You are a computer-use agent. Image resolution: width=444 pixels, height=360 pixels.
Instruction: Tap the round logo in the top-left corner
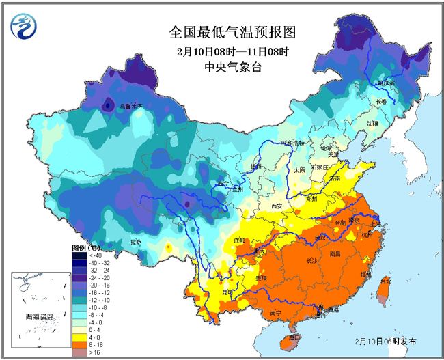(25, 25)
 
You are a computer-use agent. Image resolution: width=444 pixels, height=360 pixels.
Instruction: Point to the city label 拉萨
(135, 241)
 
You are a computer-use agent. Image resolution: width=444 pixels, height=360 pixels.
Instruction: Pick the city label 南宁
(277, 314)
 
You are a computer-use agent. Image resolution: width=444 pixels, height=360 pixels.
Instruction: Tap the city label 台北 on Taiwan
(385, 281)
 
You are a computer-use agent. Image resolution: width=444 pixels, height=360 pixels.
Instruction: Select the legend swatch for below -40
(79, 255)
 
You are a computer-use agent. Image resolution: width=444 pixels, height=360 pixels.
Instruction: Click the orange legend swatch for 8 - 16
(79, 345)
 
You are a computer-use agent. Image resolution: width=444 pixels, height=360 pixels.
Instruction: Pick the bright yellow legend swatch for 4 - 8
(79, 337)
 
